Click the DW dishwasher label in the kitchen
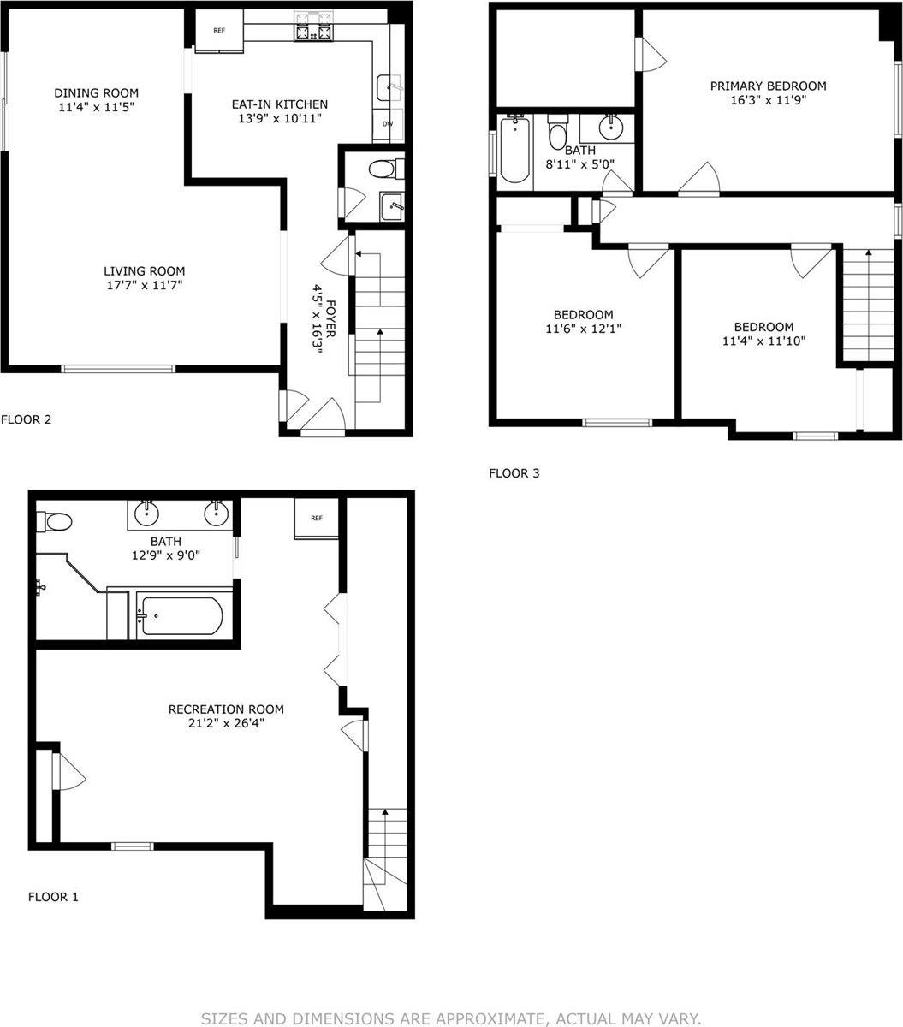(388, 124)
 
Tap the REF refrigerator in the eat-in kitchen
(219, 31)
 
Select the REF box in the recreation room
(316, 519)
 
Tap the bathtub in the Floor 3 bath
(514, 151)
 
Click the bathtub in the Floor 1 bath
(181, 616)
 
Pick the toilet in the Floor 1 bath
(57, 521)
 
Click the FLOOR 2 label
(27, 419)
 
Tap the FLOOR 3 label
(514, 472)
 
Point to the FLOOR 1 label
(53, 897)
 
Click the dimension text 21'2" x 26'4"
(226, 723)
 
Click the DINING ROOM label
(96, 92)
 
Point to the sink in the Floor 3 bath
(609, 128)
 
